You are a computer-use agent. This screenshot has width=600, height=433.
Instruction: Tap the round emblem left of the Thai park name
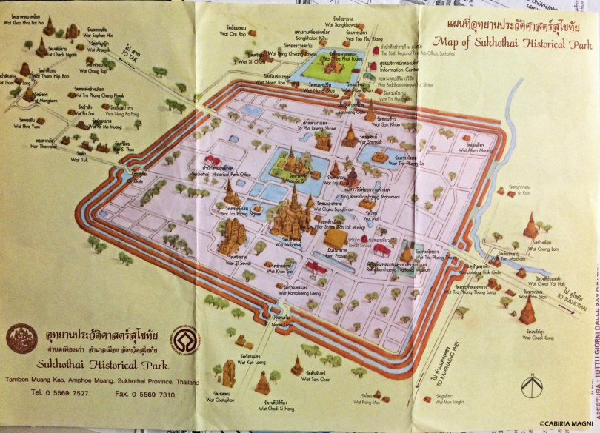click(21, 339)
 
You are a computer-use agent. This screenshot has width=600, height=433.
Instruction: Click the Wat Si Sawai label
click(238, 262)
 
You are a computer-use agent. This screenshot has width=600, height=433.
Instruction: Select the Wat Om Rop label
click(237, 35)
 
